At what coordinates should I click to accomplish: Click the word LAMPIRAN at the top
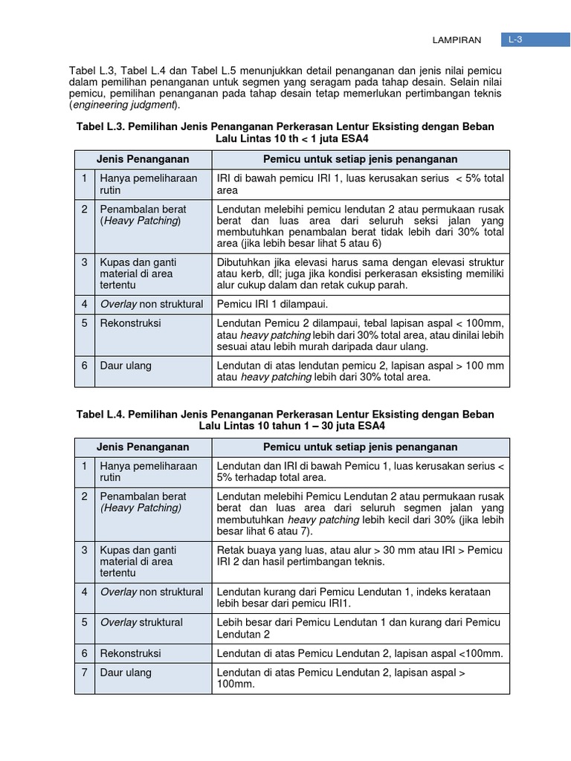(457, 40)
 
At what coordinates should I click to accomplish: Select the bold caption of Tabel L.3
(285, 133)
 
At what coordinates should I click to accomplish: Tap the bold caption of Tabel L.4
(285, 420)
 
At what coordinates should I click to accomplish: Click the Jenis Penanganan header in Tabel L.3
(143, 160)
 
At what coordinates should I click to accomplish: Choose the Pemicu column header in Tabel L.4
(361, 447)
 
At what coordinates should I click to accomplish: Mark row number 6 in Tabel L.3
(85, 366)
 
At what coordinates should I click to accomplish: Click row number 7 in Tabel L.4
(85, 673)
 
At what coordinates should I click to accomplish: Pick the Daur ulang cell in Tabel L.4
(126, 673)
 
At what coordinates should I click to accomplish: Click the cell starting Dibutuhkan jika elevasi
(360, 273)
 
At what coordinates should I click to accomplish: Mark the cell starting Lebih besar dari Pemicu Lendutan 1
(360, 628)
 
